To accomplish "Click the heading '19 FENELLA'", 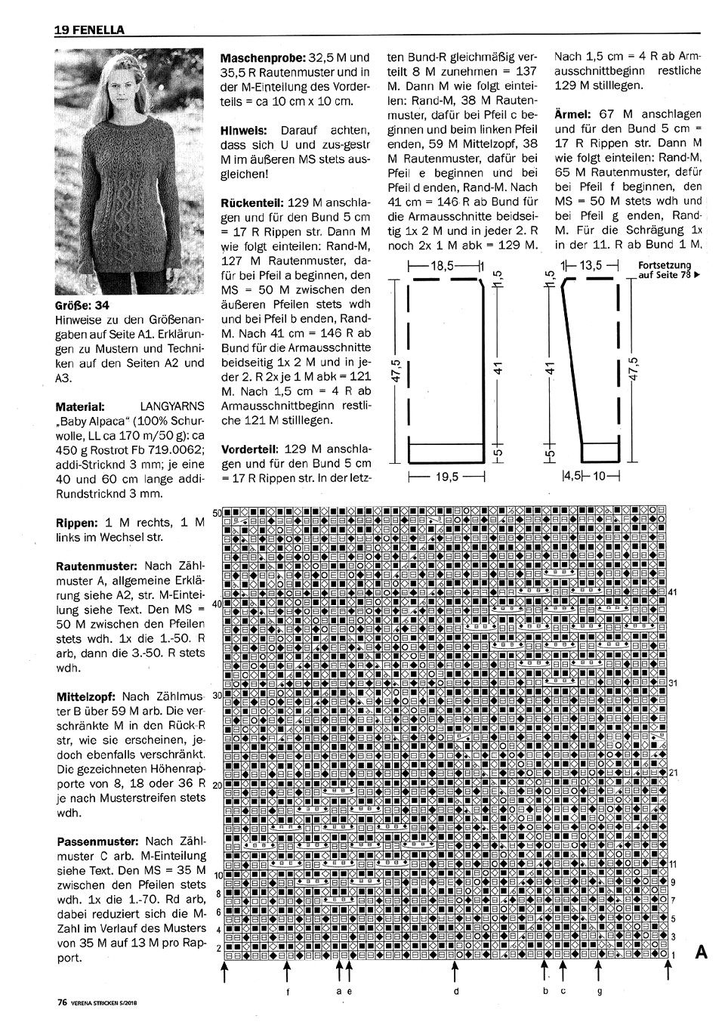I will point(89,30).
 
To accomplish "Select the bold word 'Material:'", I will point(80,406).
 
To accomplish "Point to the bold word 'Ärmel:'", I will point(572,114).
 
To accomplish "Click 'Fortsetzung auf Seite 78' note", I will point(668,270).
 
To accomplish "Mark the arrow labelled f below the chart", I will point(287,970).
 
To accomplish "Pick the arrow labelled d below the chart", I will point(455,970).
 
